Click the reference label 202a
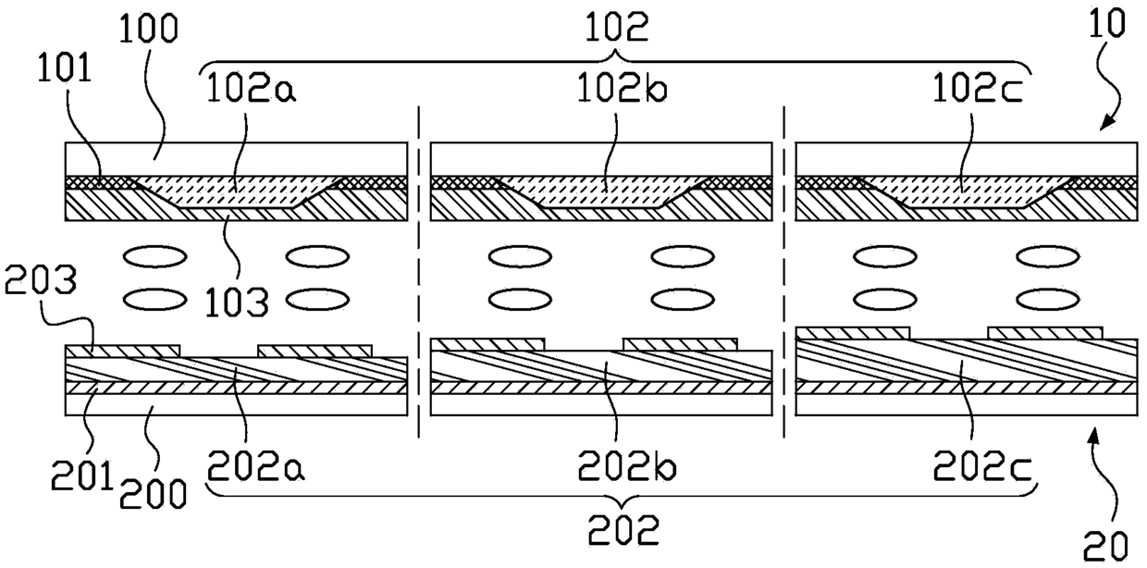(241, 468)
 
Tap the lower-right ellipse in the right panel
(1048, 298)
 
